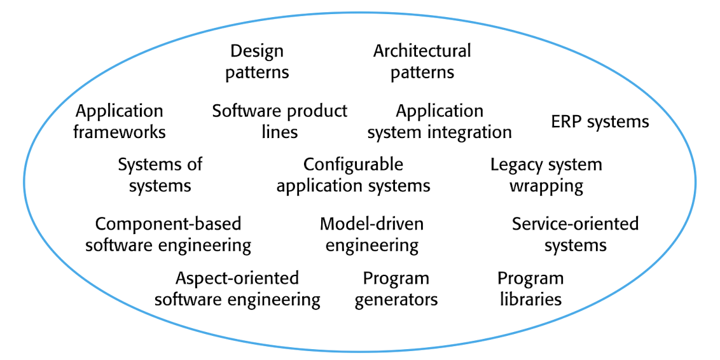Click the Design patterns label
(257, 62)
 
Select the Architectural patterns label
(422, 62)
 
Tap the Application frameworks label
(120, 121)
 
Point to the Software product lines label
(280, 121)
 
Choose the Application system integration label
(440, 121)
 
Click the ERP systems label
(600, 121)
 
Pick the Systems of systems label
(160, 175)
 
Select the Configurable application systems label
(353, 175)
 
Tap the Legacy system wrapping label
(546, 175)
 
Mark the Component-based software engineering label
(169, 234)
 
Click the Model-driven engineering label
(372, 234)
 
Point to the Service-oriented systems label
(575, 234)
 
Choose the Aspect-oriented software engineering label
(237, 289)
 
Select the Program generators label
(396, 289)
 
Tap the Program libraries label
(530, 289)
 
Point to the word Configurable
(353, 165)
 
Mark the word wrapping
(546, 186)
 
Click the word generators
(396, 299)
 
